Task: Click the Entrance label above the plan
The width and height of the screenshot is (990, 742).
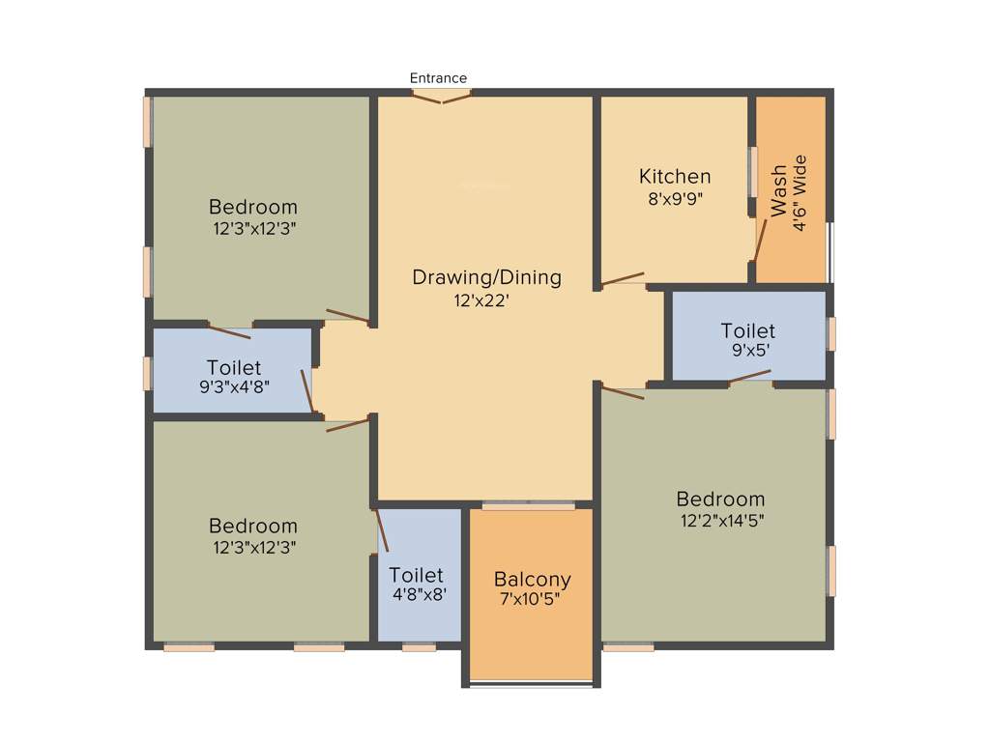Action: point(438,78)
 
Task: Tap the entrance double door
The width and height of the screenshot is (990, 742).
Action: point(442,96)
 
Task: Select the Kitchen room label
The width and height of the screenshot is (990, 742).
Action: point(675,177)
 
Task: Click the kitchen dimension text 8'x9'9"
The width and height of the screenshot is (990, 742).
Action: point(675,200)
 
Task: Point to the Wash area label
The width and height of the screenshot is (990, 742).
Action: point(779,191)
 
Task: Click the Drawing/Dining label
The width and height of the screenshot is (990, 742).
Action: point(486,277)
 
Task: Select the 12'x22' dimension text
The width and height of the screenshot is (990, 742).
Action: point(481,300)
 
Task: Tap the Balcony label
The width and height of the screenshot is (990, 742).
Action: point(532,580)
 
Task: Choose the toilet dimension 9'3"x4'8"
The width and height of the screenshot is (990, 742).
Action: point(233,386)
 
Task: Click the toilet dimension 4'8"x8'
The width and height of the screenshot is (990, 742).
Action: point(419,595)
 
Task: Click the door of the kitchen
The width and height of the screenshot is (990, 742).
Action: point(623,279)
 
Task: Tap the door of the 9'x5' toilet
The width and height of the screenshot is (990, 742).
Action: point(750,377)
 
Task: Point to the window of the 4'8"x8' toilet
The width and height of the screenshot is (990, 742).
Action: point(419,647)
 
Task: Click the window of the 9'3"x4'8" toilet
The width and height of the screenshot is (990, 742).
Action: point(148,373)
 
